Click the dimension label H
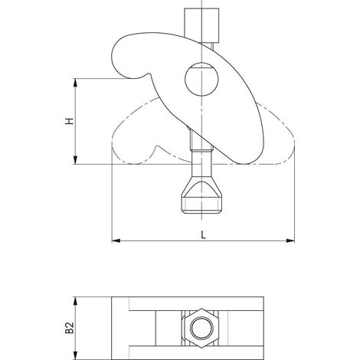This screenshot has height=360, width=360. [69, 121]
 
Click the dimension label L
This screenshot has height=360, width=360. [203, 235]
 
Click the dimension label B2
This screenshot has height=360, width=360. [70, 328]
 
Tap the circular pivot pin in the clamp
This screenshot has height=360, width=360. [201, 79]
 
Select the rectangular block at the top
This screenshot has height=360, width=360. [201, 25]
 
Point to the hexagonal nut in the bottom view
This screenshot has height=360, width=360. [201, 328]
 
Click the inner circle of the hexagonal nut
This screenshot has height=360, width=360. [201, 329]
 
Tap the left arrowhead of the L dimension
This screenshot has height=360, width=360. [116, 241]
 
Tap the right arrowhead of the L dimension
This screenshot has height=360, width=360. [290, 241]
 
